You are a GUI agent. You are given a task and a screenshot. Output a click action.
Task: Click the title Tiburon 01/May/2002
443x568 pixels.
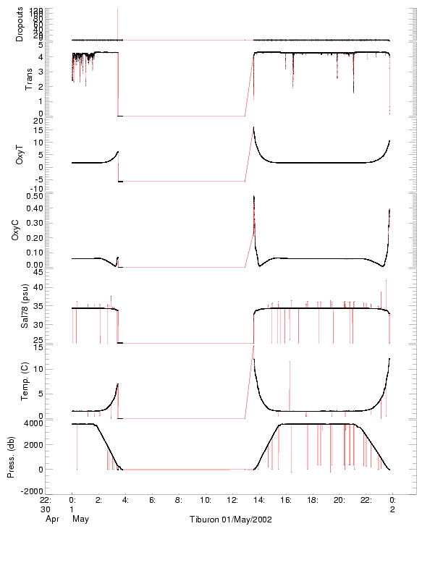231,520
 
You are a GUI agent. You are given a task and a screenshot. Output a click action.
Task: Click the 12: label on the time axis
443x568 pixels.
232,500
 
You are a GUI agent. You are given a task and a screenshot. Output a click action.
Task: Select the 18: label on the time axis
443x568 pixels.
312,500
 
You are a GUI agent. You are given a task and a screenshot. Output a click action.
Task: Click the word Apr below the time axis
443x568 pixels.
51,519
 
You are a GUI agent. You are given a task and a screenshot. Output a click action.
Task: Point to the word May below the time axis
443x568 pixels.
80,519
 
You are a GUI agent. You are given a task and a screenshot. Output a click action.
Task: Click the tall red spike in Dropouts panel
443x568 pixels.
117,22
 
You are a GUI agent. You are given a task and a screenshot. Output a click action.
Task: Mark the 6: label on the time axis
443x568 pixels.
152,500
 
